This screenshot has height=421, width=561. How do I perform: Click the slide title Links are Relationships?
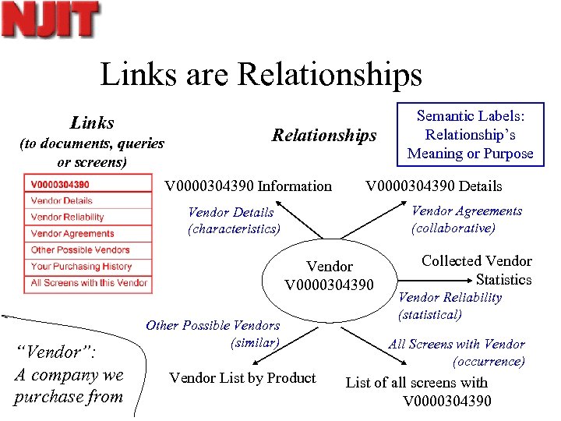pos(261,75)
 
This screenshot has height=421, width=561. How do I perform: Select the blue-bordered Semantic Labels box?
pos(470,135)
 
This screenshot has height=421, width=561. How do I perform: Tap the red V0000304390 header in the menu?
pos(60,185)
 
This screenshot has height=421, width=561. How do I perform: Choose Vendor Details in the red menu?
pos(62,201)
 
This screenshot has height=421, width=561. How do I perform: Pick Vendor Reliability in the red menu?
pos(67,218)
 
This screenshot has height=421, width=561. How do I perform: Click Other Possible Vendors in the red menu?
pos(79,250)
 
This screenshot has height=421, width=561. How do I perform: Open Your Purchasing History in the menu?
pos(81,267)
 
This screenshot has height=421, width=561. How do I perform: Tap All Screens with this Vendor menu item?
pos(89,283)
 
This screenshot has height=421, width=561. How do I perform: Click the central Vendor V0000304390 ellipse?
pos(330,275)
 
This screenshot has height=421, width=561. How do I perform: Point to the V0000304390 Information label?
pos(248,186)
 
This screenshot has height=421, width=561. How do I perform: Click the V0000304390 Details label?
pos(434,186)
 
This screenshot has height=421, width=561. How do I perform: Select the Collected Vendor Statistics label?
pos(477,270)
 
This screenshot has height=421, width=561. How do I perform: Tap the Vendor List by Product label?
pos(242,378)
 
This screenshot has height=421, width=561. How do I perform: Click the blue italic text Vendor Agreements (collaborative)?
pos(466,219)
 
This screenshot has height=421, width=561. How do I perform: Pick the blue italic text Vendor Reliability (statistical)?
pos(450,306)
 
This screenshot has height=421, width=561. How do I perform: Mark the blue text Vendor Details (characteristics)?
pos(233,221)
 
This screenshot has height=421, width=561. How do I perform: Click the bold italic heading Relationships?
pos(323,136)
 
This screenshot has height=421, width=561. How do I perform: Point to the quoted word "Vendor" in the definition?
pos(56,352)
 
